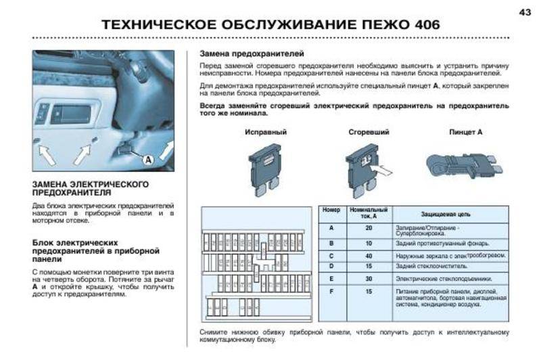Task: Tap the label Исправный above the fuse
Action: (266, 132)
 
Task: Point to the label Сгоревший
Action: (368, 132)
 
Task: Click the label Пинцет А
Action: (466, 132)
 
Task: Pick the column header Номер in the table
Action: (331, 213)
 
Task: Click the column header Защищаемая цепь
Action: (441, 214)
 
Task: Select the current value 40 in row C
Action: (369, 256)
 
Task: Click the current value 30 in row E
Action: (369, 279)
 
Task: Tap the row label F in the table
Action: (331, 291)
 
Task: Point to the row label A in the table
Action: (331, 228)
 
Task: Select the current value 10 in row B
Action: (369, 243)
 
